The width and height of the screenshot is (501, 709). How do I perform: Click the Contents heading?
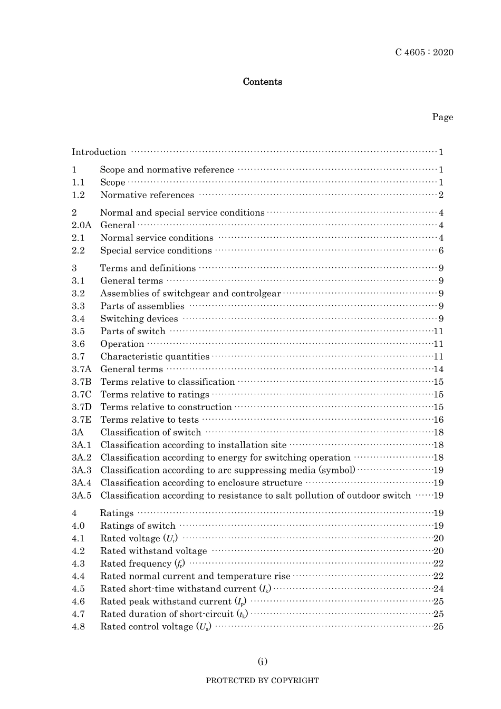(x=262, y=82)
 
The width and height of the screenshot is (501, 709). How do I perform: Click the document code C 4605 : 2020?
(x=424, y=52)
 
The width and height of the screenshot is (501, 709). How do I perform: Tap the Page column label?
(x=442, y=117)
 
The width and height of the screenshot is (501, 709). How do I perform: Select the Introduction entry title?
(x=99, y=152)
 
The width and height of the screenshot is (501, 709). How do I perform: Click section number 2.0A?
(x=82, y=225)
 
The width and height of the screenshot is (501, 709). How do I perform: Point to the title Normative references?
(x=147, y=195)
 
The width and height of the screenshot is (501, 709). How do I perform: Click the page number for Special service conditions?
(x=441, y=250)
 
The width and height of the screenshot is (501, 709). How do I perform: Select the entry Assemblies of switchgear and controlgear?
(x=190, y=294)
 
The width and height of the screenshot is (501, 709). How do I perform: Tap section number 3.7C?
(x=82, y=394)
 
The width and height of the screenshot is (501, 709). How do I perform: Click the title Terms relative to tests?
(x=149, y=420)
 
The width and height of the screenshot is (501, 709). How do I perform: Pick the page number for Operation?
(x=438, y=344)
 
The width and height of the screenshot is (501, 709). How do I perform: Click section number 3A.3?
(x=82, y=470)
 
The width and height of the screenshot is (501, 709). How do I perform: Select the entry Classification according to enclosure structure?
(x=201, y=483)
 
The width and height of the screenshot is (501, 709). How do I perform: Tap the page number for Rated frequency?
(x=438, y=564)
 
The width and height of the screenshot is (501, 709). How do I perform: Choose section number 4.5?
(x=78, y=589)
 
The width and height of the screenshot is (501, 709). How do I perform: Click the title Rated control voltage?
(x=156, y=627)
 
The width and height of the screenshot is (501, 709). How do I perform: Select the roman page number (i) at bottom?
(x=262, y=662)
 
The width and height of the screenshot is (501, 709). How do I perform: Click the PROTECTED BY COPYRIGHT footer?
(x=262, y=681)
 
